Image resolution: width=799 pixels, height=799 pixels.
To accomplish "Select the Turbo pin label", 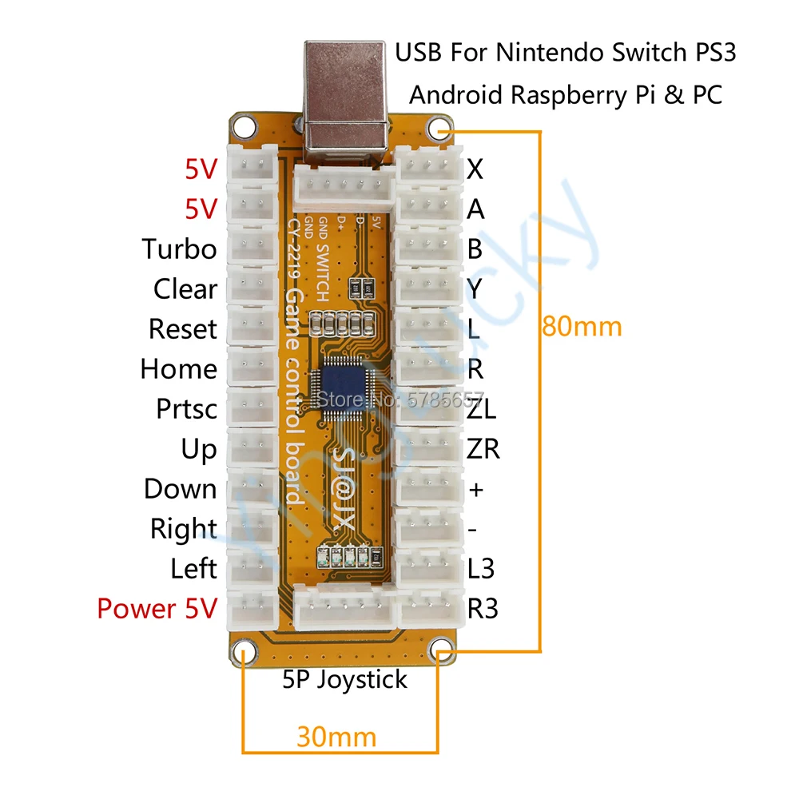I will pyautogui.click(x=180, y=249).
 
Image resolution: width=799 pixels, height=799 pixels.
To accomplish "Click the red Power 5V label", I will pyautogui.click(x=157, y=609).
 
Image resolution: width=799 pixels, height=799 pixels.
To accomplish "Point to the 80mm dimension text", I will pyautogui.click(x=582, y=327).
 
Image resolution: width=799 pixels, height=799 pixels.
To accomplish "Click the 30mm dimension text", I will pyautogui.click(x=336, y=736).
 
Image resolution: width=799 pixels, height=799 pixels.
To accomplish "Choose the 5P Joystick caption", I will pyautogui.click(x=345, y=680).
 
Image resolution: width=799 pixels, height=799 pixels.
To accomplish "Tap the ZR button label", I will pyautogui.click(x=483, y=449).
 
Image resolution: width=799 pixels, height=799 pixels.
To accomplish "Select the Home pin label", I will pyautogui.click(x=178, y=369).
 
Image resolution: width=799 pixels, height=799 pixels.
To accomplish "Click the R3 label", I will pyautogui.click(x=483, y=609).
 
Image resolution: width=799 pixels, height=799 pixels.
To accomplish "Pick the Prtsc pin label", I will pyautogui.click(x=186, y=409).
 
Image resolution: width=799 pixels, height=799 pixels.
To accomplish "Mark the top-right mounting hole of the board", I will pyautogui.click(x=439, y=127).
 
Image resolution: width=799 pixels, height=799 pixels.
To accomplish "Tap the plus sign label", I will pyautogui.click(x=476, y=490).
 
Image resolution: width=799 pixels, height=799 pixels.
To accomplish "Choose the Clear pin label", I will pyautogui.click(x=185, y=289).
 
